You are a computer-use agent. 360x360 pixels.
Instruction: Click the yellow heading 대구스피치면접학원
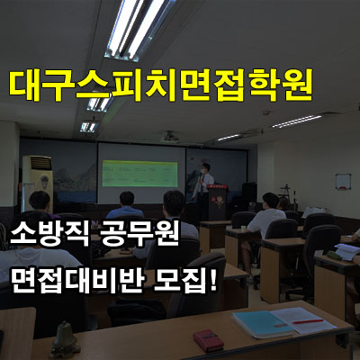click(x=161, y=85)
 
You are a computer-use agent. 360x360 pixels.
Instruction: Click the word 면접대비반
click(x=76, y=281)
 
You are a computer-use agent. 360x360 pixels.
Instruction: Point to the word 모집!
click(x=185, y=281)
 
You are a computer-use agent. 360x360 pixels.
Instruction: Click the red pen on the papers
click(x=308, y=321)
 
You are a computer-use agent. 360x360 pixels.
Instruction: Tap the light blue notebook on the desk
click(x=263, y=323)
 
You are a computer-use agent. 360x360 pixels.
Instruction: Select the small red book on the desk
click(x=209, y=341)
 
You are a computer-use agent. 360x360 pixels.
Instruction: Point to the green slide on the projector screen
click(x=139, y=174)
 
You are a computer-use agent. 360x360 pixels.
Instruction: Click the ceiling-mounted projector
click(x=170, y=137)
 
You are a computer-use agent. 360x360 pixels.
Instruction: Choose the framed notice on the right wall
click(x=343, y=182)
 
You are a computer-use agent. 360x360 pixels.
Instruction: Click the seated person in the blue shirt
click(x=125, y=207)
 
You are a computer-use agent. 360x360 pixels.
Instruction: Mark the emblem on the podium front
click(x=218, y=202)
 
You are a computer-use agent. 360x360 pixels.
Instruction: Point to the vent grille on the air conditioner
click(x=40, y=163)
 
